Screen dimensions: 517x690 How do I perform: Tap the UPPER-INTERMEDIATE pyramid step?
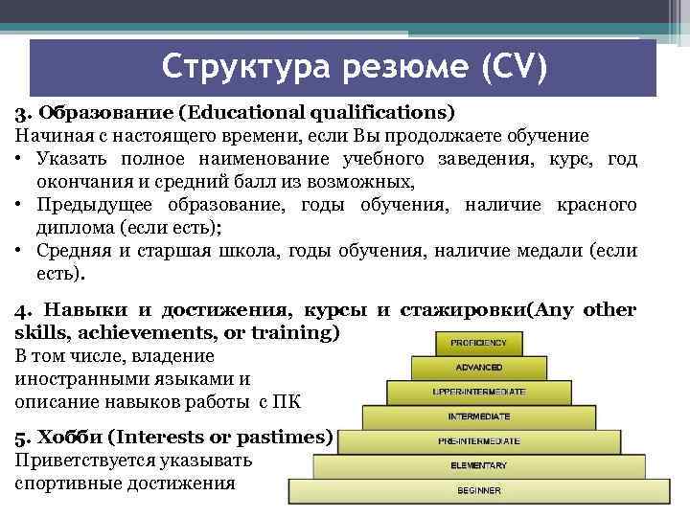(479, 392)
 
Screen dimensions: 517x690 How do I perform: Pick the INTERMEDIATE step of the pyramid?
(479, 416)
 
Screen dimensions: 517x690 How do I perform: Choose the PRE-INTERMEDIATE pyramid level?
(479, 441)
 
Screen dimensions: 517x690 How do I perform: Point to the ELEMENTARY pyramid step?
(479, 466)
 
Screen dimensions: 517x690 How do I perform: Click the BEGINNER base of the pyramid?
(479, 491)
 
